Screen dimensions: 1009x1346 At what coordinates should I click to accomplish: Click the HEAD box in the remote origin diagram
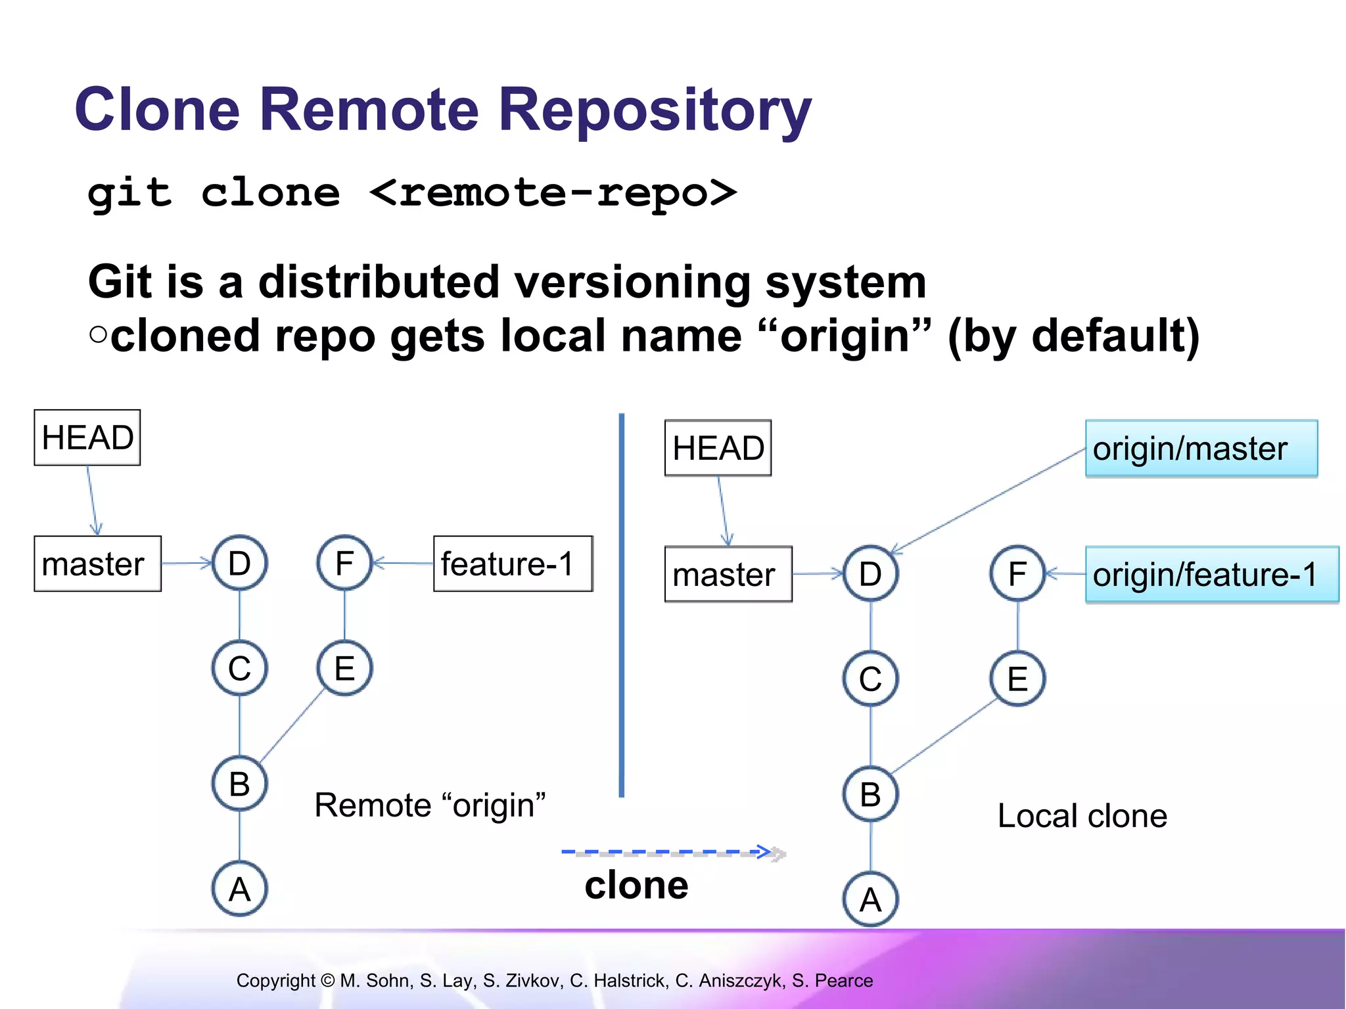87,437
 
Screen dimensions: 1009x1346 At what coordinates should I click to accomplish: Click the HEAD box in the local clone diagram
718,448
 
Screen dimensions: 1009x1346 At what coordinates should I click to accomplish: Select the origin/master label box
1201,449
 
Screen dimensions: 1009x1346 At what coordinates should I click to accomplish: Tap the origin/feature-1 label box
1211,574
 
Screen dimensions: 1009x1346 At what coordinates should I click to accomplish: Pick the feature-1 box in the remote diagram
513,564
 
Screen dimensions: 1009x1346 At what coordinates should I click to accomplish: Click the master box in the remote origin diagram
97,564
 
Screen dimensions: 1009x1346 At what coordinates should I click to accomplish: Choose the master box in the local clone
728,574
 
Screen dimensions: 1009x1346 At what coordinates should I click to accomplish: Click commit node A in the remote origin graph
239,889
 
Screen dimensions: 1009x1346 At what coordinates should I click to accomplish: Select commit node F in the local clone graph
1017,573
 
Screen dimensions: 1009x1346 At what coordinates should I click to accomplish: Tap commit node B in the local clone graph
870,794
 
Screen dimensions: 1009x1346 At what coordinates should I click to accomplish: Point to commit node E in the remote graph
344,668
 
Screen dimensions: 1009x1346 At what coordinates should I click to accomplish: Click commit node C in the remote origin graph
239,668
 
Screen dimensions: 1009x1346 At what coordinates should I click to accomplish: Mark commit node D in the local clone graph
870,573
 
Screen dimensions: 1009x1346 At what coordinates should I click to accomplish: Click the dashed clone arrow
670,853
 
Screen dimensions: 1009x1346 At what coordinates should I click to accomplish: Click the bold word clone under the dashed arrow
636,885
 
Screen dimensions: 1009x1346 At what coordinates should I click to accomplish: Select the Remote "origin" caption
430,805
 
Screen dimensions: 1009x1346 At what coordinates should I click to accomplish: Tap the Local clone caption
1082,816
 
